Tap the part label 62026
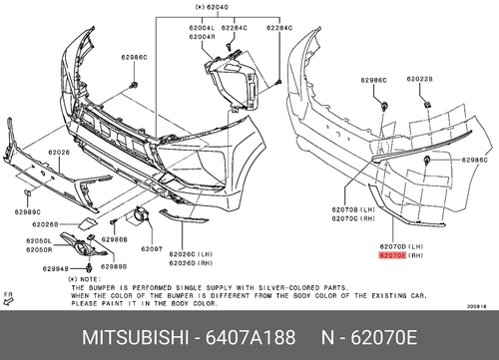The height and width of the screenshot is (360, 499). tap(60, 153)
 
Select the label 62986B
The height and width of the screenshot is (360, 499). tap(115, 240)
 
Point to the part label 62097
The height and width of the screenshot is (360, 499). tap(151, 248)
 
